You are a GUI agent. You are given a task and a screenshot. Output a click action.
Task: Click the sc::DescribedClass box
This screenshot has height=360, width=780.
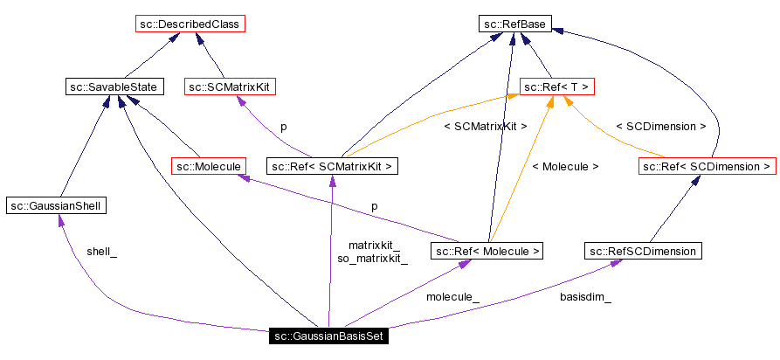[x=190, y=24]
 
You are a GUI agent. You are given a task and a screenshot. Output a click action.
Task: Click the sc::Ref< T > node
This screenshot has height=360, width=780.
[x=557, y=87]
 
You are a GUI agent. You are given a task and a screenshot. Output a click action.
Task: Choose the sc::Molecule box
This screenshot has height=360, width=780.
[x=208, y=165]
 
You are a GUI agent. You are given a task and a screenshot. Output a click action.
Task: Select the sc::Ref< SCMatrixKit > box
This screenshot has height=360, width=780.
[x=332, y=165]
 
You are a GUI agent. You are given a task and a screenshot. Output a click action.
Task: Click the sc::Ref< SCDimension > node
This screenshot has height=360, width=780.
[x=707, y=165]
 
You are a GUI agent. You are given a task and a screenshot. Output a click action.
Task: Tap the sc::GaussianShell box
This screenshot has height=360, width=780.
[x=56, y=205]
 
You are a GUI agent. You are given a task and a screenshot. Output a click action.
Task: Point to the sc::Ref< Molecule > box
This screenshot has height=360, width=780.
[x=487, y=252]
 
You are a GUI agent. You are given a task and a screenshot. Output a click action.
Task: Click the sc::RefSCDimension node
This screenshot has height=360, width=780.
[x=643, y=252]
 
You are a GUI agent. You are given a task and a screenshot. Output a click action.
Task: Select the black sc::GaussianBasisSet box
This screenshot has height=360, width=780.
[x=327, y=336]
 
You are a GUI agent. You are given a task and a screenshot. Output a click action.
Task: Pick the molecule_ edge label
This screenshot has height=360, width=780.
[x=452, y=297]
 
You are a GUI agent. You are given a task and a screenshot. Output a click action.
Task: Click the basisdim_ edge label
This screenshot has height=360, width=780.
[x=585, y=297]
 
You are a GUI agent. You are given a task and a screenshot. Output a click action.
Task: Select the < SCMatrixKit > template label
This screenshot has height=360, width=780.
[x=486, y=127]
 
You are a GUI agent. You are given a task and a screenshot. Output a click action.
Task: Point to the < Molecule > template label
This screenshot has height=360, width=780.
[x=565, y=166]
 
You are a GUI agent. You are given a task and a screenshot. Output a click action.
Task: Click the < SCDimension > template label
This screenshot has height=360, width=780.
[x=661, y=127]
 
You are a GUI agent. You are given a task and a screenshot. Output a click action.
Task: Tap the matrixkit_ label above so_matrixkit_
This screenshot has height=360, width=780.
[x=374, y=246]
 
